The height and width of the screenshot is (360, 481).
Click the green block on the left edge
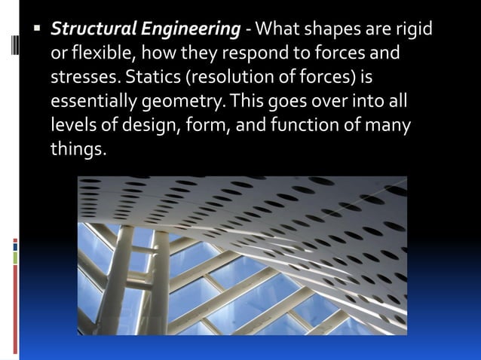(15, 258)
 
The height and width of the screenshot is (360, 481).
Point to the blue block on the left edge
(15, 245)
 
